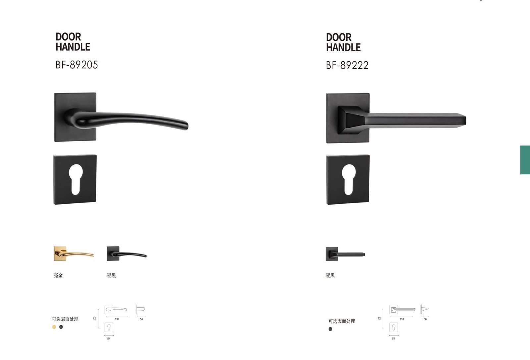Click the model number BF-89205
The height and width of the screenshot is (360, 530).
(77, 65)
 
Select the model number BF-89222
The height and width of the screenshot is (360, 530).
(347, 65)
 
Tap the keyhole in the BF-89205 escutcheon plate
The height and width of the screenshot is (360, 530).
(76, 180)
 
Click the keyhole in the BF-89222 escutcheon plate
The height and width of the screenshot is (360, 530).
(349, 180)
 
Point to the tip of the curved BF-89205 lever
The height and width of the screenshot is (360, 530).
(187, 126)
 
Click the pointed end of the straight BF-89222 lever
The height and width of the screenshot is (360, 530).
(466, 120)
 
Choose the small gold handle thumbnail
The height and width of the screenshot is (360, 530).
(74, 254)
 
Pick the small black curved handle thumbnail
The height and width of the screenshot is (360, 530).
(127, 254)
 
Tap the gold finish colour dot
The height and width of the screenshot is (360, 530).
(54, 327)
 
